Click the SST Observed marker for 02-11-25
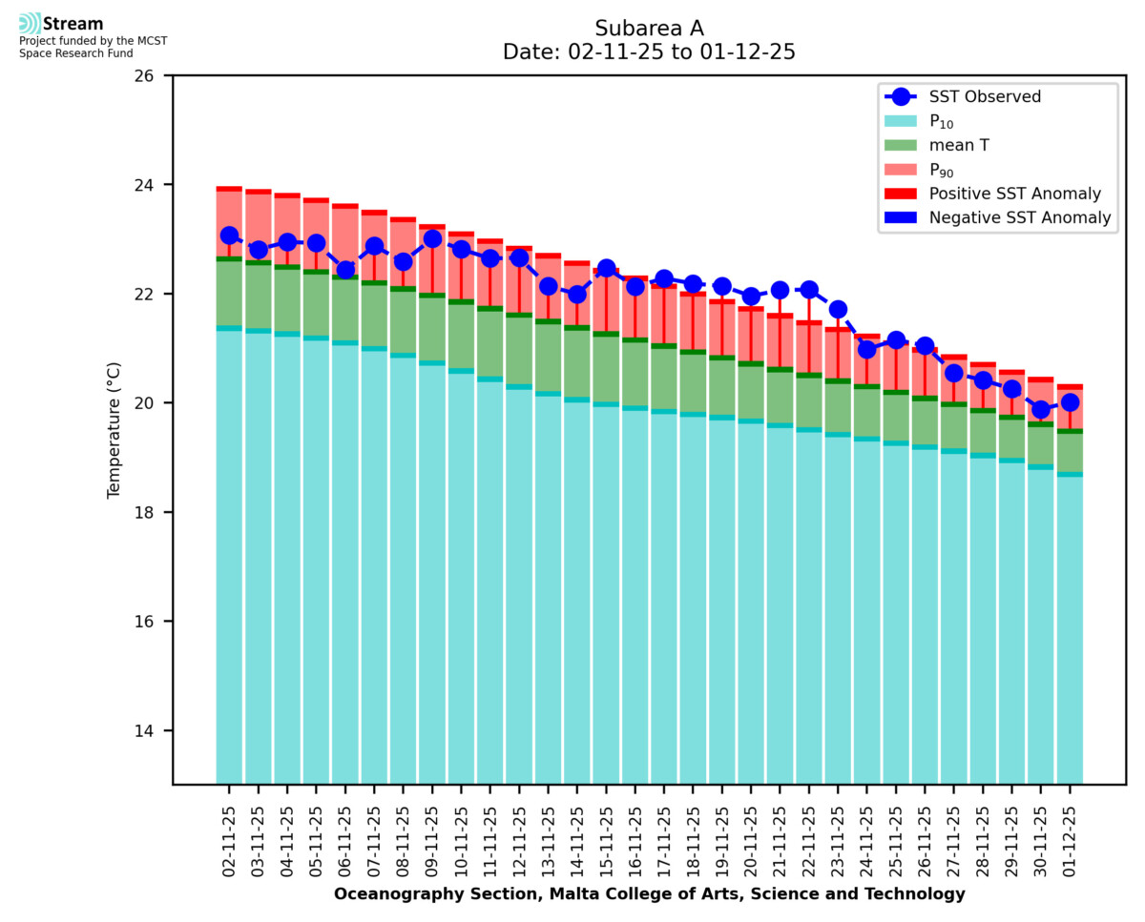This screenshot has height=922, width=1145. [229, 236]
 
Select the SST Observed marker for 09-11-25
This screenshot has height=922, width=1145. [432, 238]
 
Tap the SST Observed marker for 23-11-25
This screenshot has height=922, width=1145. [838, 309]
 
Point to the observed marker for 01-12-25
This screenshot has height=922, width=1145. [1070, 402]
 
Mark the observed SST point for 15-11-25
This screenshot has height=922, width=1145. [606, 268]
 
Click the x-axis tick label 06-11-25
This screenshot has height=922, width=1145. [345, 839]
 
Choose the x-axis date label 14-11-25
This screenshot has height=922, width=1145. [577, 839]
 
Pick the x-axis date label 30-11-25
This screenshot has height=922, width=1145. [1041, 839]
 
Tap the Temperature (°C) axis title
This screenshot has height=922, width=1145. [114, 429]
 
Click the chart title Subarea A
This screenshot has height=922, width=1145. [649, 28]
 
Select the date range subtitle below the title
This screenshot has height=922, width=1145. [649, 52]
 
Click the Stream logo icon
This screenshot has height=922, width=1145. [30, 24]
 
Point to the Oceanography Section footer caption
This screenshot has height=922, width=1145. [649, 894]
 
